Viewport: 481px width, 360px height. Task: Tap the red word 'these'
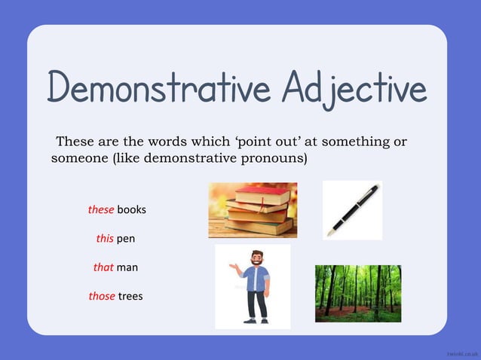pyautogui.click(x=100, y=209)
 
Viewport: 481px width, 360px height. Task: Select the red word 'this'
pyautogui.click(x=105, y=239)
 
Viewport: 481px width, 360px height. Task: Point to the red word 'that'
pyautogui.click(x=103, y=267)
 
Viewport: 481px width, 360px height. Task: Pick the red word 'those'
pyautogui.click(x=102, y=296)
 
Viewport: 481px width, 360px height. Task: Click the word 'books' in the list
pyautogui.click(x=131, y=209)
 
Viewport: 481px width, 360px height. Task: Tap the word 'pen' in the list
pyautogui.click(x=126, y=239)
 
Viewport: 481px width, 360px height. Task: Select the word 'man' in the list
pyautogui.click(x=127, y=267)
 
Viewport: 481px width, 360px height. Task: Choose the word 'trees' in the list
pyautogui.click(x=130, y=296)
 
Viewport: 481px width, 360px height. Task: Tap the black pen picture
pyautogui.click(x=351, y=209)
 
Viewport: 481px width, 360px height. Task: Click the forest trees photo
pyautogui.click(x=357, y=293)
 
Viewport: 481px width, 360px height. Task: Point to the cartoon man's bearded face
pyautogui.click(x=256, y=258)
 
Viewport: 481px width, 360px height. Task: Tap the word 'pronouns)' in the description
pyautogui.click(x=278, y=159)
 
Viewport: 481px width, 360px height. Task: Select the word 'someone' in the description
pyautogui.click(x=78, y=159)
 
